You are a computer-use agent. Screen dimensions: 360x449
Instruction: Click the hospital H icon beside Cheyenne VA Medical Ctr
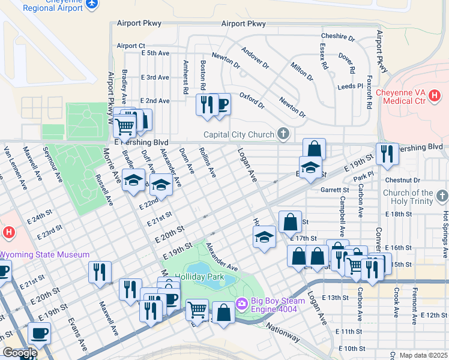435,95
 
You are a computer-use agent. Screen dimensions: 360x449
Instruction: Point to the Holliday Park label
199,277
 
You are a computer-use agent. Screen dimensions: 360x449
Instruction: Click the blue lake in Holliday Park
204,268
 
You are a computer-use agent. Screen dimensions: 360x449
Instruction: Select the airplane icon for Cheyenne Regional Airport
91,4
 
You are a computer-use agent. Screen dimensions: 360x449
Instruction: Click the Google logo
19,353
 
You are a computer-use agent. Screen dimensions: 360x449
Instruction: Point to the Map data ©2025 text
423,355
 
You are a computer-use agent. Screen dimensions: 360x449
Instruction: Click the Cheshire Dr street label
338,37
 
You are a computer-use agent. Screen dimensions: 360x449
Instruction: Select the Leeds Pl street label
351,86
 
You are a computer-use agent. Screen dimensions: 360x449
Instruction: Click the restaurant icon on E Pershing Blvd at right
387,154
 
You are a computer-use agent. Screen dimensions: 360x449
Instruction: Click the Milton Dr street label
302,70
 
